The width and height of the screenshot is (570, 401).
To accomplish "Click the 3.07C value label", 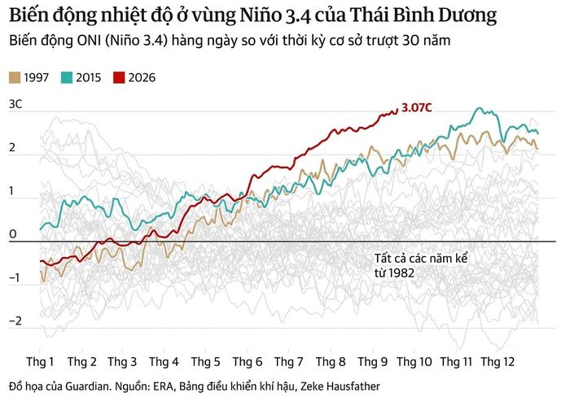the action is click(x=417, y=107).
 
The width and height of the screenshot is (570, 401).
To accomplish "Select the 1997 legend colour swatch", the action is click(x=15, y=78).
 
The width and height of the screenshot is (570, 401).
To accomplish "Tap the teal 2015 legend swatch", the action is click(x=67, y=78).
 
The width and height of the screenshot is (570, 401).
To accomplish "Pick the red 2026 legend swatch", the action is click(x=119, y=78).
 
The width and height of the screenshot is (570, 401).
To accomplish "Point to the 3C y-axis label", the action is click(x=15, y=104).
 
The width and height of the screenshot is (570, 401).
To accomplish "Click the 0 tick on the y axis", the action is click(x=13, y=234).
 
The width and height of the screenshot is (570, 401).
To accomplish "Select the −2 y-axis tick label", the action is click(x=15, y=320).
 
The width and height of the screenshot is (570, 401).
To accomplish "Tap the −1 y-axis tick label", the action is click(x=15, y=278).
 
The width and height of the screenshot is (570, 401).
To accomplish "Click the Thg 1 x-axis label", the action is click(x=40, y=362).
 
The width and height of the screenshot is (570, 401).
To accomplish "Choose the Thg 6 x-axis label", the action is click(x=248, y=362).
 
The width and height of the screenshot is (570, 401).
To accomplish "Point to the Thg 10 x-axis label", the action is click(x=414, y=362).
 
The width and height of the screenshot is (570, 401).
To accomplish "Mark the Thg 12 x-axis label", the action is click(x=498, y=362).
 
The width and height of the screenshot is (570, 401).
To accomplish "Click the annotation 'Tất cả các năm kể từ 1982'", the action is click(x=421, y=265).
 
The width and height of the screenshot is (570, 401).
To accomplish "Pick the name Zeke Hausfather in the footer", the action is click(x=340, y=386).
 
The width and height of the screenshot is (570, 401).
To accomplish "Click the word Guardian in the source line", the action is click(x=87, y=386).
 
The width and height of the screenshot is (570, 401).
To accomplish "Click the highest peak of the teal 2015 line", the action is click(x=480, y=108).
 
